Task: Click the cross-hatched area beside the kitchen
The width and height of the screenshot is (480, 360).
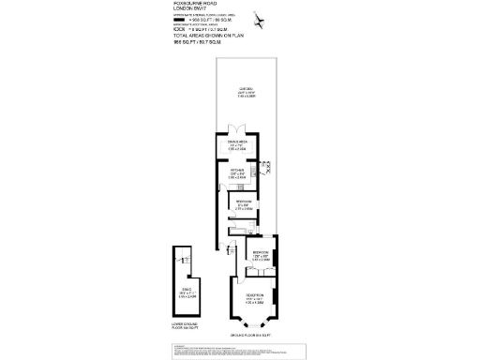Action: (268, 167)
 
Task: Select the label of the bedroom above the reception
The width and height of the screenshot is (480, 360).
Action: (261, 254)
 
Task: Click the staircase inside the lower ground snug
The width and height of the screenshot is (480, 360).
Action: (186, 261)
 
